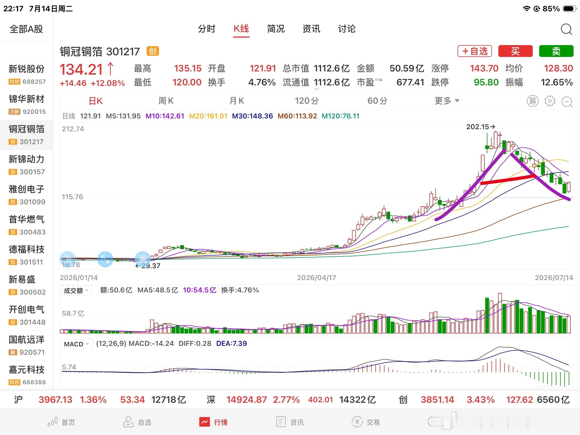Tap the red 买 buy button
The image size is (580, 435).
pos(515,51)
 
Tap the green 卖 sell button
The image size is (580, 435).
pos(556,51)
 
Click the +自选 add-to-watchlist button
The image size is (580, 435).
pos(475,51)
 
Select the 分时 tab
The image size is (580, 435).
pos(206,29)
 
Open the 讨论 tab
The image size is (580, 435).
pos(347,29)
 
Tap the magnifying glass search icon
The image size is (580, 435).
pos(566,29)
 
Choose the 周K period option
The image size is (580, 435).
pos(166,101)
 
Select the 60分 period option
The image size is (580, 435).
pos(377,101)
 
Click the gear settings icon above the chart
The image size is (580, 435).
pos(550,101)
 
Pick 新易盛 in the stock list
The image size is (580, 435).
pos(22,280)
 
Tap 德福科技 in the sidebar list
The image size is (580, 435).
pos(27,249)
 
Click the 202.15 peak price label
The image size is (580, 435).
pos(478,127)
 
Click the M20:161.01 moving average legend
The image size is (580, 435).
pos(208,116)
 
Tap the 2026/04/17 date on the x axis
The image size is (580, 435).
pos(316,278)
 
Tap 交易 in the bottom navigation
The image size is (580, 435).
pos(366,422)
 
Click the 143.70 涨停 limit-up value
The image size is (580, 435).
pos(484,68)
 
